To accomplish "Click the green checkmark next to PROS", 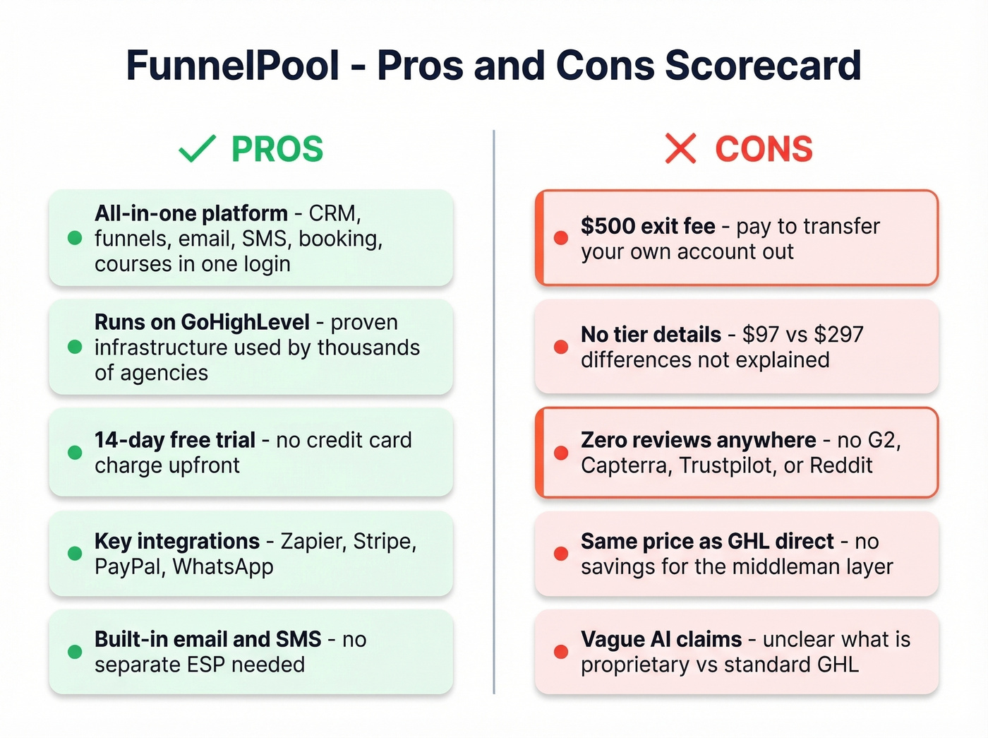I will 197,149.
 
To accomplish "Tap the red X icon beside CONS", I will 680,149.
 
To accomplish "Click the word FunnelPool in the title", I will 233,66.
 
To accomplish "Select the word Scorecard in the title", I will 763,66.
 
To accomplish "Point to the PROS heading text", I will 277,149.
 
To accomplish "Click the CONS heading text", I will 764,149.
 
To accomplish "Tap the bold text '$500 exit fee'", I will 648,226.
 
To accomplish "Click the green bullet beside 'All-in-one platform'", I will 75,238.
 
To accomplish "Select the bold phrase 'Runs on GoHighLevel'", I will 202,322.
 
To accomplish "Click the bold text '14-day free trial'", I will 175,440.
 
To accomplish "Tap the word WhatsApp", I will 223,566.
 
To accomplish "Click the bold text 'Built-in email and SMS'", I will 208,639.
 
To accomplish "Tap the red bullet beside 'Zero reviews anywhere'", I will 561,453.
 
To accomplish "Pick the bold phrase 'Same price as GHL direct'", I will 707,541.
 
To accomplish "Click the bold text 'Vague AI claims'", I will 661,639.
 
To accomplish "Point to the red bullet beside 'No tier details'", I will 561,347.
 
